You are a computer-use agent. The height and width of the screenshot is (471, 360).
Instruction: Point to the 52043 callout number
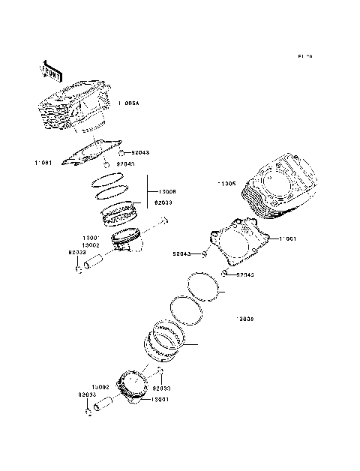click(x=183, y=253)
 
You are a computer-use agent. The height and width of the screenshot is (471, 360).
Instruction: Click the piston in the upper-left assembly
click(x=126, y=242)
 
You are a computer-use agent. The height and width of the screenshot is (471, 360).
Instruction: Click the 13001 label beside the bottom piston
click(x=159, y=401)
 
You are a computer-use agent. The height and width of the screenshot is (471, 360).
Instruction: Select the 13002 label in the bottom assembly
click(x=101, y=386)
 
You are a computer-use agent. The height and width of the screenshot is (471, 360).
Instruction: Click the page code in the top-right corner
click(x=304, y=57)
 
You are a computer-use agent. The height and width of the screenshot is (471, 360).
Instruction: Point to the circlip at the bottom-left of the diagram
click(x=88, y=412)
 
